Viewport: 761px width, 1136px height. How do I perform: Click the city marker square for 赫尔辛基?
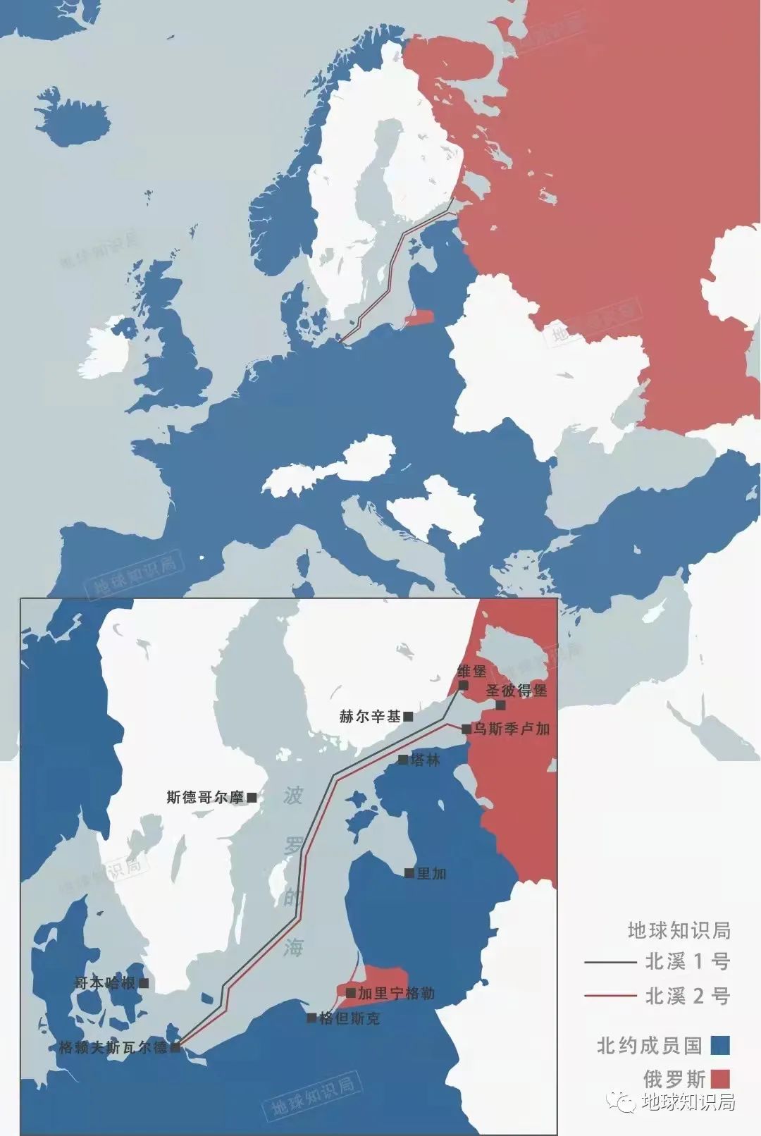pos(408,717)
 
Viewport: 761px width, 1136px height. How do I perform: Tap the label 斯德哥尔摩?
pos(204,797)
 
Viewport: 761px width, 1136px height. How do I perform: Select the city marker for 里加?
pos(409,873)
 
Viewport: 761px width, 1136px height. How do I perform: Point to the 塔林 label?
pos(425,760)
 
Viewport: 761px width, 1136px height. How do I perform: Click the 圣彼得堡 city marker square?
pos(500,705)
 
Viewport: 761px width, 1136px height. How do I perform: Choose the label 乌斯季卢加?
pos(511,729)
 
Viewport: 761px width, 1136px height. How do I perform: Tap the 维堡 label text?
pos(471,671)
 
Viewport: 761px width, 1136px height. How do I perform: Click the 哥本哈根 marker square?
pos(144,982)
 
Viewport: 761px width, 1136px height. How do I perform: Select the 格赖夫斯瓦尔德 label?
pos(113,1047)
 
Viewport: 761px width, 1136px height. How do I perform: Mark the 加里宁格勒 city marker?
pos(350,993)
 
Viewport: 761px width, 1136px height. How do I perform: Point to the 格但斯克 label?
pos(349,1018)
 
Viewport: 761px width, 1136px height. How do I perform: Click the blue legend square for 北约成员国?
pos(719,1045)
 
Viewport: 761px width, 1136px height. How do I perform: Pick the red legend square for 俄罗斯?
pos(719,1079)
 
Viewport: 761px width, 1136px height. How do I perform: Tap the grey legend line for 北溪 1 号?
pos(610,961)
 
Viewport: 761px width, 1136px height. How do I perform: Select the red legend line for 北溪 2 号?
pos(610,996)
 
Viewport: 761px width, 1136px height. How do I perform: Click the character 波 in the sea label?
pos(293,796)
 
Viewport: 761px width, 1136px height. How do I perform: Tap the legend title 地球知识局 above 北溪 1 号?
pos(679,930)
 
